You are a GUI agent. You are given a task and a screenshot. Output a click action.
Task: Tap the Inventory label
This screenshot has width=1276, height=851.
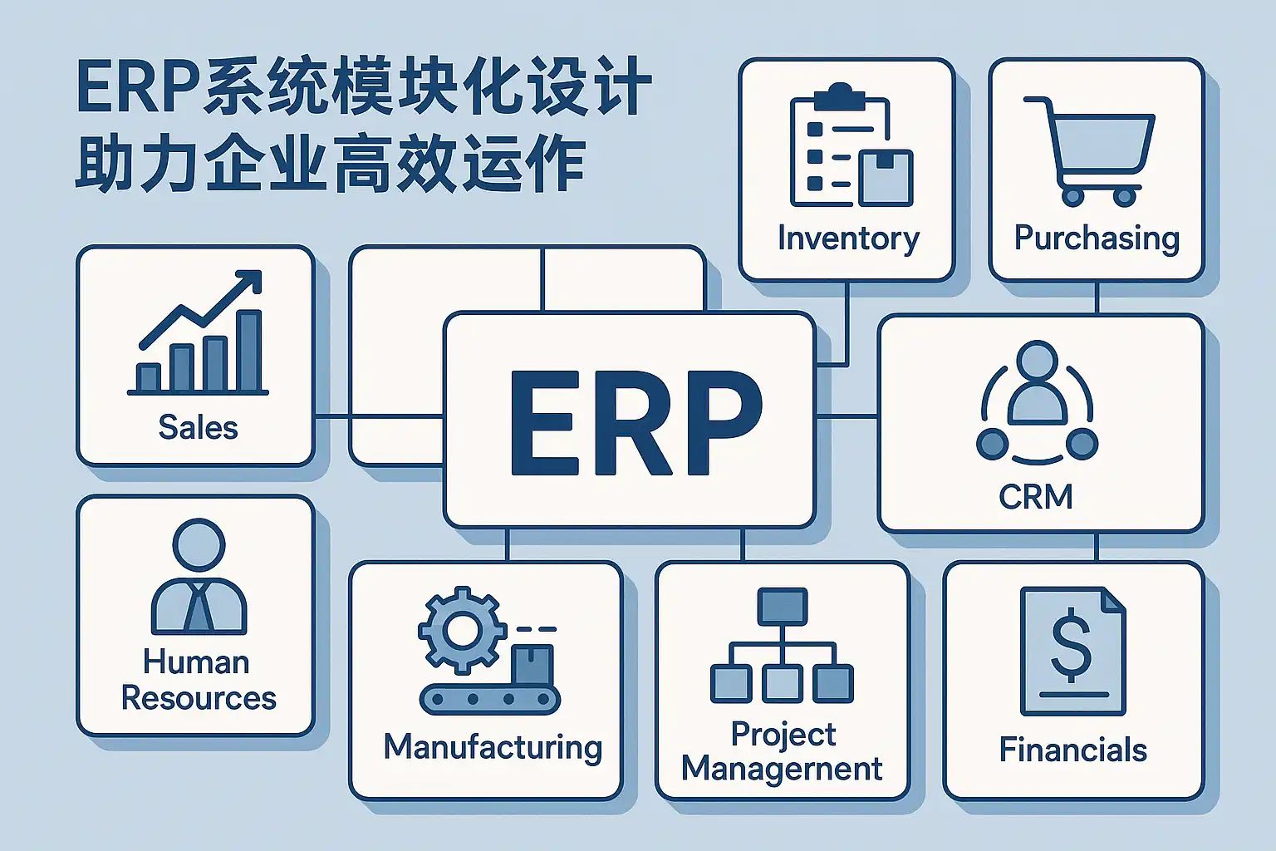tap(848, 239)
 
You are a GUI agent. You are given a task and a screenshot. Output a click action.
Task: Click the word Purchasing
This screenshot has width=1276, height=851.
tap(1097, 239)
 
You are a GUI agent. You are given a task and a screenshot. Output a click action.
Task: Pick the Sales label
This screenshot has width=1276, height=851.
tap(198, 427)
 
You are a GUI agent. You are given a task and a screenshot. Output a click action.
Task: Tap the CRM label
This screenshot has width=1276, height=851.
tap(1036, 497)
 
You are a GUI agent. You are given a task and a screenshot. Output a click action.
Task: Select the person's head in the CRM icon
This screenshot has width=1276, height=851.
tap(1036, 361)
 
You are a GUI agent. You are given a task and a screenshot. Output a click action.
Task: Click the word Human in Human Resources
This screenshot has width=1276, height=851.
tap(196, 662)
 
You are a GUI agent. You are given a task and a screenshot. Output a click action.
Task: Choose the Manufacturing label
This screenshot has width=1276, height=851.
tap(493, 747)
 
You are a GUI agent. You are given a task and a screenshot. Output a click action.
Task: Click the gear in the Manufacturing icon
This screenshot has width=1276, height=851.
tap(462, 629)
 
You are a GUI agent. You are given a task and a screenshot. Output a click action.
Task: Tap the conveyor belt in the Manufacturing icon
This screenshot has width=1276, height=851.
tap(488, 699)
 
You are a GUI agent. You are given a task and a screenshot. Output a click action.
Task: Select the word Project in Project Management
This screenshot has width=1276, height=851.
tap(783, 734)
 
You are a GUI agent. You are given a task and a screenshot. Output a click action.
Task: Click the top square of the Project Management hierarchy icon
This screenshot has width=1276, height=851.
tap(782, 605)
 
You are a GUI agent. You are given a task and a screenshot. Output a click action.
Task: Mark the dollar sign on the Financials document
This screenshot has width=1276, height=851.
tap(1071, 643)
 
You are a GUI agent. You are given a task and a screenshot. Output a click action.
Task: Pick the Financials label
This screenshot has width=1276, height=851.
tap(1072, 750)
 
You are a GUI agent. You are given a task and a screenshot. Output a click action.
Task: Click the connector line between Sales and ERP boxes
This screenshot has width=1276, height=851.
tap(332, 416)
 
